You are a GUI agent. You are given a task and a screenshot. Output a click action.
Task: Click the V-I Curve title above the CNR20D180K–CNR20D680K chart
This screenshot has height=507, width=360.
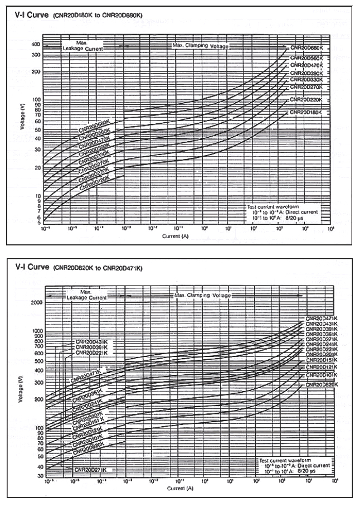coord(31,16)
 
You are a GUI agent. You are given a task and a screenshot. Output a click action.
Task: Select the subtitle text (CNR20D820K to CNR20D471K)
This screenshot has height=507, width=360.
coord(98,268)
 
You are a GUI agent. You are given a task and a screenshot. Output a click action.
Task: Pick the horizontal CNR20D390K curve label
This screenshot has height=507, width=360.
coord(306,73)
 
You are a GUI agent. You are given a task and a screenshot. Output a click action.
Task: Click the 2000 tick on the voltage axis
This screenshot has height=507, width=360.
coord(36,302)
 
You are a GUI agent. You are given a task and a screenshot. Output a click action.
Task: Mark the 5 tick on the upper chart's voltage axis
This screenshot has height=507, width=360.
coord(39,223)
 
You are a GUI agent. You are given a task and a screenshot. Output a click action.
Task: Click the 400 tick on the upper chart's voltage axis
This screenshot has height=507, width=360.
coord(36,44)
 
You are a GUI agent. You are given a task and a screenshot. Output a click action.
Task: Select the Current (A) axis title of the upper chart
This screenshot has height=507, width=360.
coord(180,235)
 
